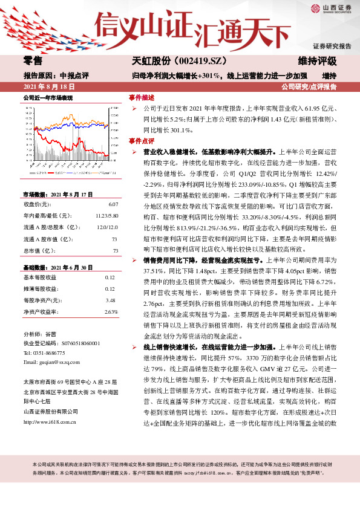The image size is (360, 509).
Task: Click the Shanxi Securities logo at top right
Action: (x=332, y=9)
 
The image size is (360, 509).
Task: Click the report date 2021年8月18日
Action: (x=48, y=87)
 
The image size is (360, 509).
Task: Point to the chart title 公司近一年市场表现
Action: (x=48, y=97)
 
